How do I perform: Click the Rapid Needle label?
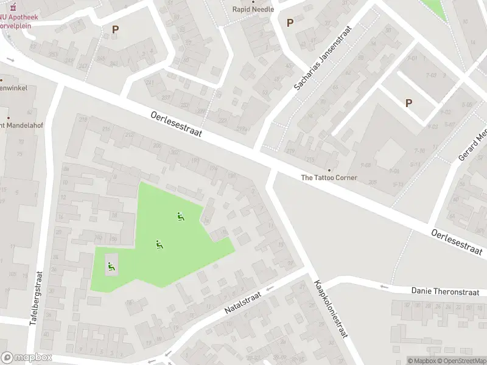pos(254,9)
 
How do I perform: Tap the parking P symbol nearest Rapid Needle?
pos(290,23)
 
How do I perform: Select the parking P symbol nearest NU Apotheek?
pos(115,29)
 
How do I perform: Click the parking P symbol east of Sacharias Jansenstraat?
pos(408,103)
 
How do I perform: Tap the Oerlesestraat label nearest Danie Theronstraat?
pos(457,242)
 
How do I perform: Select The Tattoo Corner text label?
pos(329,178)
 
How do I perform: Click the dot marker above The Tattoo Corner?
pos(329,170)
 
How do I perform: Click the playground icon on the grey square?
pos(111,265)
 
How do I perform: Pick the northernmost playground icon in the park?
pos(180,216)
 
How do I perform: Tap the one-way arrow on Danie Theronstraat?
pos(384,287)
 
